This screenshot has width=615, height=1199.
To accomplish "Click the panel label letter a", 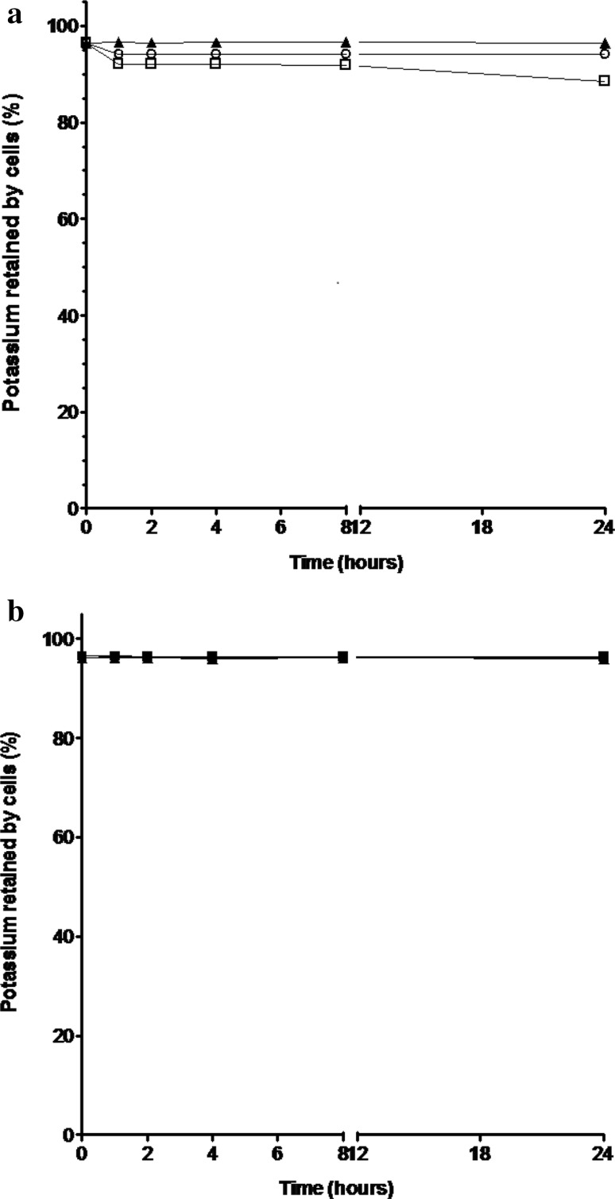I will coord(14,17).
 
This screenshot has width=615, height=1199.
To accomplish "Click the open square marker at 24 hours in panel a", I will coord(604,80).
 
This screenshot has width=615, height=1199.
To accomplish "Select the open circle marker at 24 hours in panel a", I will coord(604,54).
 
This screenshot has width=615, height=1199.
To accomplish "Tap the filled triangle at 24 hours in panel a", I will coord(604,42).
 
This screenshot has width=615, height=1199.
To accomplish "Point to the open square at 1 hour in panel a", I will coord(118,64).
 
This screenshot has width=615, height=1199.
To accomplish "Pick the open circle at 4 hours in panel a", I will coord(215,54).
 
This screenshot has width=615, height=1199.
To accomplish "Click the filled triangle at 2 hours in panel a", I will coord(151,42).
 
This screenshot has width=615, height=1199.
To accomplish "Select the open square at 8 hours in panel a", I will coord(345,64).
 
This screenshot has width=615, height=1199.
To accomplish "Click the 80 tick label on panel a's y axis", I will coord(68,123).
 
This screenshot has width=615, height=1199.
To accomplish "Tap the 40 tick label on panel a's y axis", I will coord(68,315).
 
